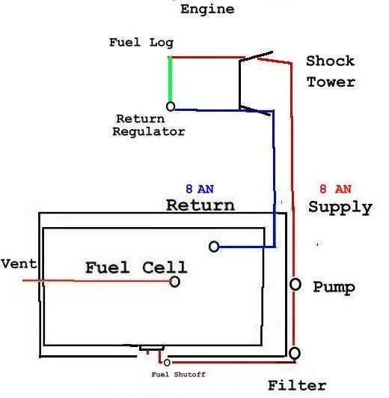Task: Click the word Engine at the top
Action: (207, 9)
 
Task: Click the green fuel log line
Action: (170, 79)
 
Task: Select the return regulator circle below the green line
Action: (171, 106)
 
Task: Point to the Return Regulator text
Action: (149, 125)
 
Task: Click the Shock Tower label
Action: (330, 71)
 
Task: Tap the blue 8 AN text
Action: (200, 189)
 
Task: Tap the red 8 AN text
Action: (334, 189)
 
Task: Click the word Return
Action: (200, 205)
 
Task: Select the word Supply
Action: (340, 207)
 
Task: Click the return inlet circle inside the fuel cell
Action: (214, 247)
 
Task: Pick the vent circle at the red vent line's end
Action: (174, 282)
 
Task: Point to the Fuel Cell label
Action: (135, 267)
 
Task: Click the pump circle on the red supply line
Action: (295, 285)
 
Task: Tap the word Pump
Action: (334, 287)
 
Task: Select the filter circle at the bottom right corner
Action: (295, 352)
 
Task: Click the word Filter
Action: (297, 385)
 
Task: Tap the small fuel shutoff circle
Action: (167, 362)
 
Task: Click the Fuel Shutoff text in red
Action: (178, 374)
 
